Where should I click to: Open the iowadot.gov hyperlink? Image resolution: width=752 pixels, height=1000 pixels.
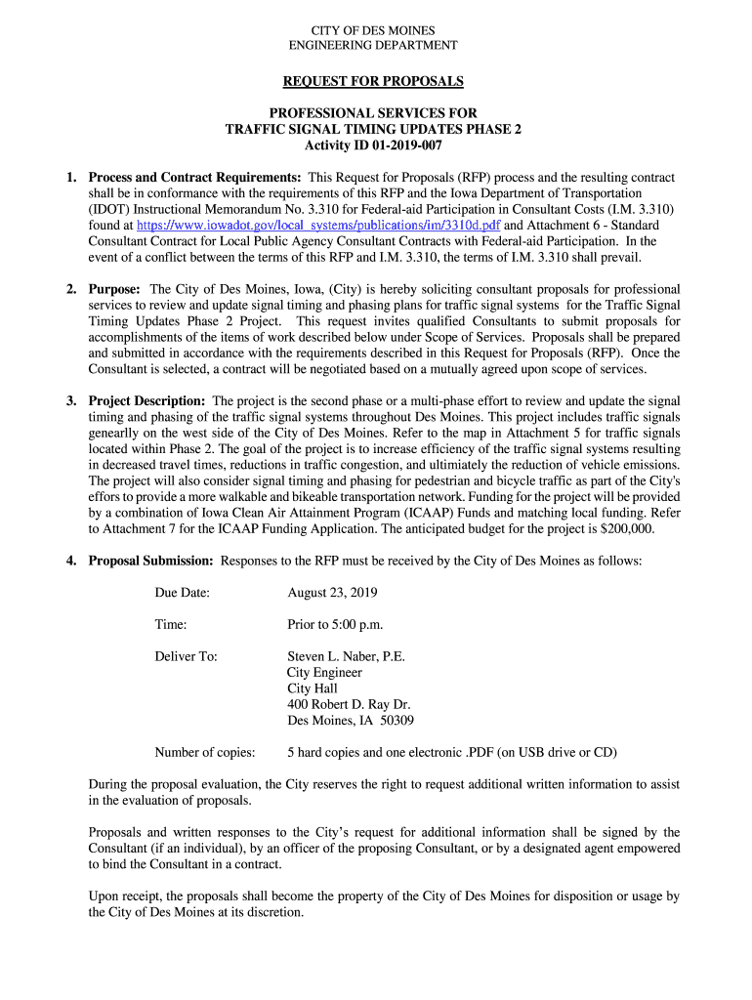point(317,225)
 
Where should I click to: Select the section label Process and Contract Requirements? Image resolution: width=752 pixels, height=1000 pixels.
point(194,178)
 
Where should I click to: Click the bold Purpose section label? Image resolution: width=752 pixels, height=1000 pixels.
point(115,290)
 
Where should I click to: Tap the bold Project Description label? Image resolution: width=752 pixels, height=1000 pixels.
point(146,401)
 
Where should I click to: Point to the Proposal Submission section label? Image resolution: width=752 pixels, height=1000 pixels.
point(150,561)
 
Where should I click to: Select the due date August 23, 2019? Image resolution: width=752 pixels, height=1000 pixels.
point(332,593)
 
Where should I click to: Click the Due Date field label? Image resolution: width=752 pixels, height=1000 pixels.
point(182,593)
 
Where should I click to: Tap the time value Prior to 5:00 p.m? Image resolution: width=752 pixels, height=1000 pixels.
point(335,625)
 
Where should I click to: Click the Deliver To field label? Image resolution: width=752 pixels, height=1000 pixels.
point(186,656)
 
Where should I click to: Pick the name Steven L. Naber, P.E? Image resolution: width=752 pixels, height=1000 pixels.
point(346,656)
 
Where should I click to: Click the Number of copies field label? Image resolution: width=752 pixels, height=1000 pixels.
point(205,752)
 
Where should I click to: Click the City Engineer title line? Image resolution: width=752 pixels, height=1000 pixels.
point(324,672)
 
